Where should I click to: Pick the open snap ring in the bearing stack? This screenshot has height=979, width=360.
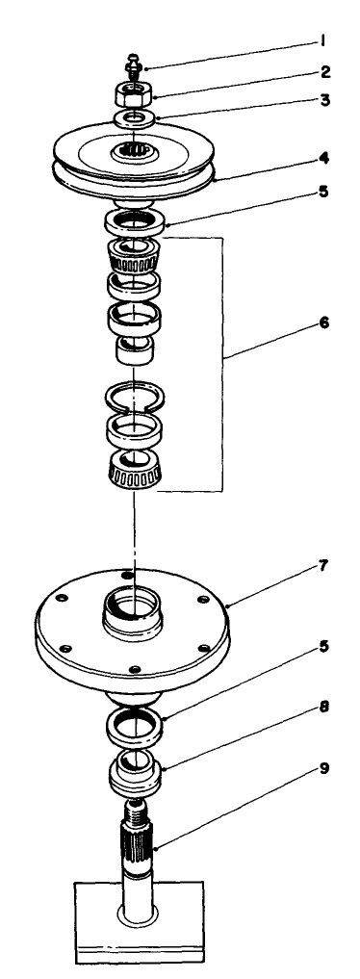[x=137, y=395]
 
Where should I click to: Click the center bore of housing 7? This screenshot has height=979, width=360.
[x=136, y=607]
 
